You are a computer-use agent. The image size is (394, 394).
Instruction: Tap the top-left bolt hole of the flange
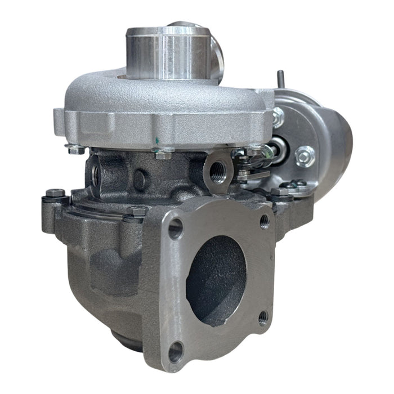pyautogui.click(x=176, y=229)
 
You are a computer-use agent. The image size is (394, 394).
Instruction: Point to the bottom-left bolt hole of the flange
pyautogui.click(x=175, y=352)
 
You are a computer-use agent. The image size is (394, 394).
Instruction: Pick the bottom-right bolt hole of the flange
pyautogui.click(x=263, y=319)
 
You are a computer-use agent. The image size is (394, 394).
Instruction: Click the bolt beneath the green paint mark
pyautogui.click(x=163, y=154)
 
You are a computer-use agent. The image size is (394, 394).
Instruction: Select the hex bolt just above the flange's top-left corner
pyautogui.click(x=138, y=213)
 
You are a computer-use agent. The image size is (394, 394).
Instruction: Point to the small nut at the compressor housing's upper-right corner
pyautogui.click(x=277, y=118)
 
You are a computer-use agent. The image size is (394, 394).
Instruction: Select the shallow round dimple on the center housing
pyautogui.click(x=141, y=179)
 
